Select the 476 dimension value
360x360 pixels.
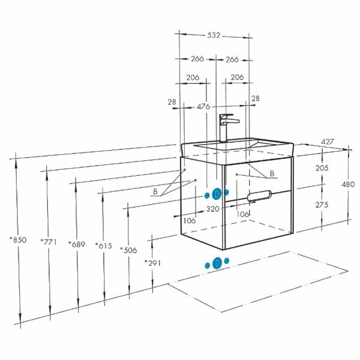(203, 106)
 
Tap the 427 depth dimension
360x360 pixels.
(327, 142)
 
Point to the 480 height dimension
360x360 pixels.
(348, 185)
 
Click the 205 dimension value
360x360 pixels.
(322, 169)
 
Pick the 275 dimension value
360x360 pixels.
(322, 205)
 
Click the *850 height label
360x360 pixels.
(18, 240)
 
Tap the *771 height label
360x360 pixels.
(48, 242)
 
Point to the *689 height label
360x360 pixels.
(77, 245)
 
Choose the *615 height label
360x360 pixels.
(104, 246)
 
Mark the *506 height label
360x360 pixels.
(129, 250)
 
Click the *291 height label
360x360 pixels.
(154, 263)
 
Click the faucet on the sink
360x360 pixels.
(226, 127)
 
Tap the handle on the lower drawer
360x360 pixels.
(259, 194)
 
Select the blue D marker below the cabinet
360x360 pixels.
(217, 263)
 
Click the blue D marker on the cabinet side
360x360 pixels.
(217, 194)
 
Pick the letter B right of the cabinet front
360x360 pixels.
(272, 174)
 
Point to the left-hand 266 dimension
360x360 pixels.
(197, 59)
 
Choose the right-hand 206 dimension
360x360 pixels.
(236, 77)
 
